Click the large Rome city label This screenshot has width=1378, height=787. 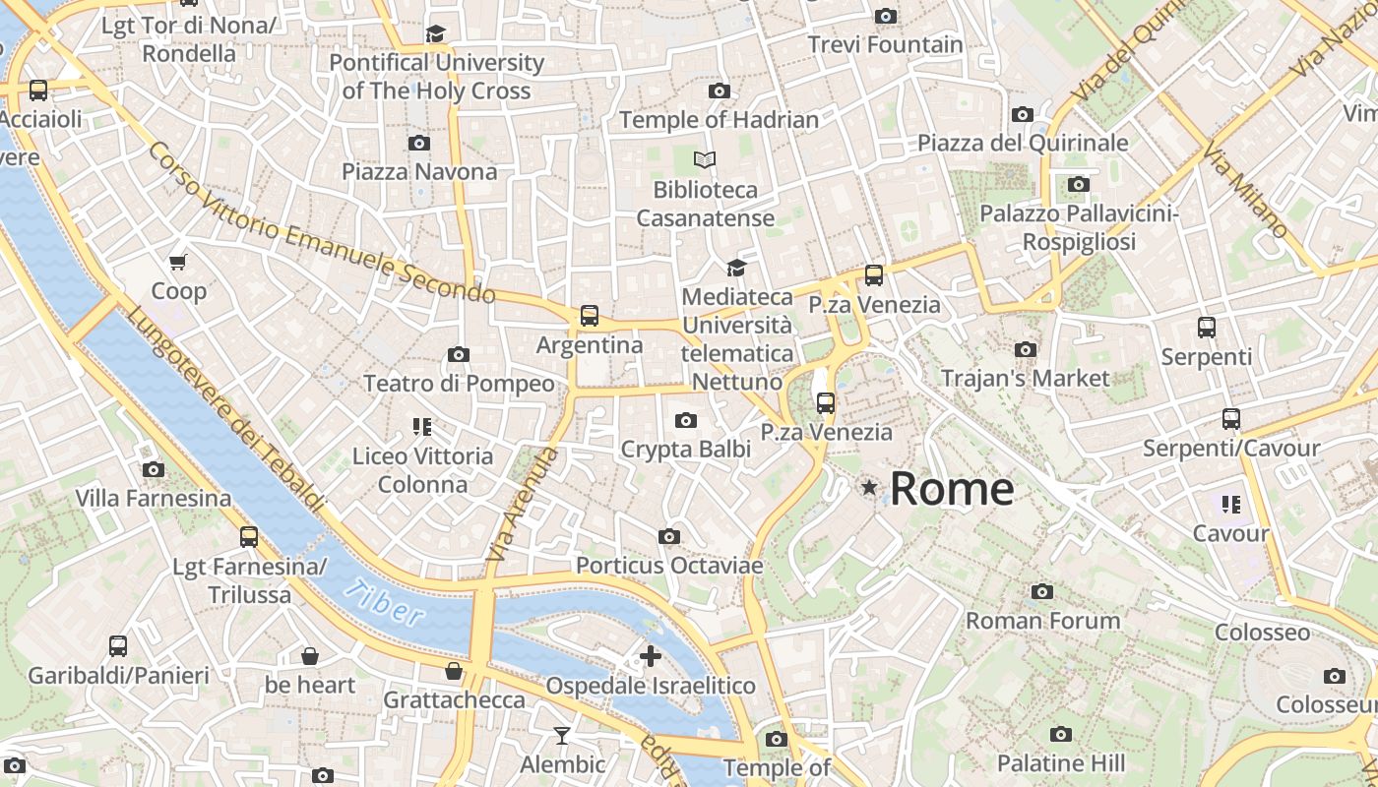[952, 489]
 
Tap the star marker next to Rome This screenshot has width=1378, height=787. [869, 487]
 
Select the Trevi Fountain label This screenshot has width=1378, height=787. [885, 44]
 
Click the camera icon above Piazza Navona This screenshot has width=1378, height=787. [419, 144]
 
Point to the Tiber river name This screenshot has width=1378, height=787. [384, 603]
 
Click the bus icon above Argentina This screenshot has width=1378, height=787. [589, 316]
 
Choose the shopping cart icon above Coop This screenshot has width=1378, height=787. [178, 262]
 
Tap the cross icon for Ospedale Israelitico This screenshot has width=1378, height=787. [650, 656]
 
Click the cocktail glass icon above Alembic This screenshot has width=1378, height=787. [561, 735]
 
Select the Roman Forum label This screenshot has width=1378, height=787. [1042, 621]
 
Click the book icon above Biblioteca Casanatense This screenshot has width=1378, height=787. [704, 159]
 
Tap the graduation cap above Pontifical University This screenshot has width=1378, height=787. [436, 34]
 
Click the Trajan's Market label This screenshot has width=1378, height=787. [1025, 378]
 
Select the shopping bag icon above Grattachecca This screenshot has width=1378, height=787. [454, 671]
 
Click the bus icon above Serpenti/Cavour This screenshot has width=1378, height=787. [1230, 419]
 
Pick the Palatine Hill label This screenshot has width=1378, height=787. [1060, 763]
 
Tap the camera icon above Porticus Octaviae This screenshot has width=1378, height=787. [669, 536]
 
